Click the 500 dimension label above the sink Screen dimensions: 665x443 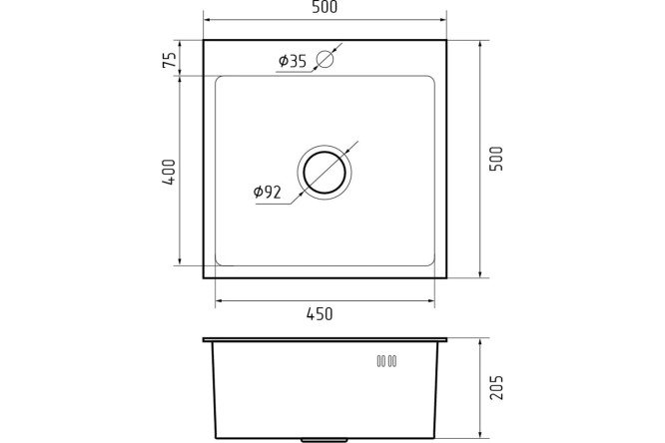pyautogui.click(x=325, y=7)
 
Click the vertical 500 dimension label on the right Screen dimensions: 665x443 pyautogui.click(x=496, y=159)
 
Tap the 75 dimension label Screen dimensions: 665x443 pyautogui.click(x=169, y=60)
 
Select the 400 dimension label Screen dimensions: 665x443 pyautogui.click(x=169, y=172)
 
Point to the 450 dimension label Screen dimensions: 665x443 pyautogui.click(x=320, y=314)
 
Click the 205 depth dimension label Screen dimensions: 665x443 pyautogui.click(x=496, y=387)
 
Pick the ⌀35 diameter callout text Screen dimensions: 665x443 pyautogui.click(x=293, y=61)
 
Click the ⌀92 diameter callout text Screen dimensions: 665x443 pyautogui.click(x=268, y=192)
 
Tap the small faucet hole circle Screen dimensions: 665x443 pyautogui.click(x=326, y=59)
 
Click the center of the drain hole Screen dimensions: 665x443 pyautogui.click(x=325, y=173)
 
